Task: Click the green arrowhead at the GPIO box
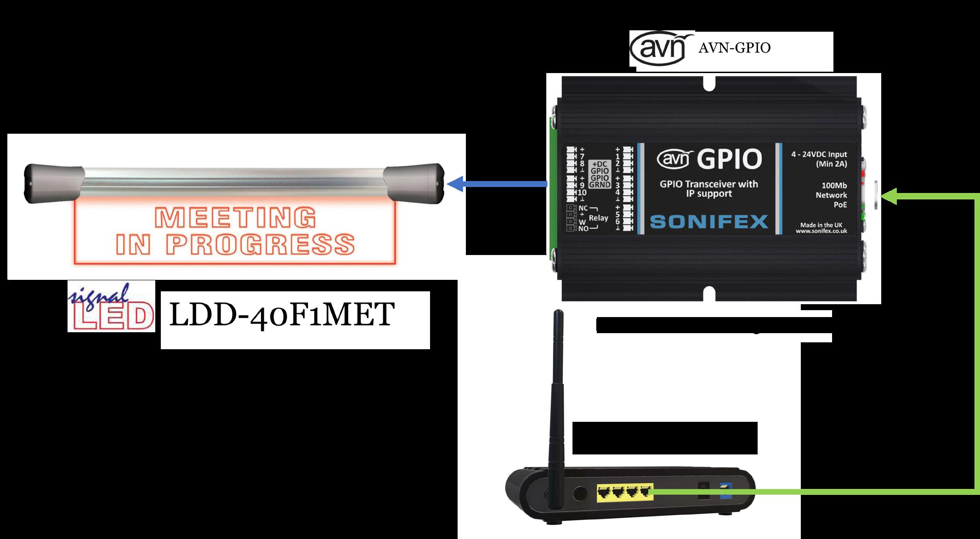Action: (889, 196)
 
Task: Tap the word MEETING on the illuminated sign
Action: (236, 217)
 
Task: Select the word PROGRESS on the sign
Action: (260, 244)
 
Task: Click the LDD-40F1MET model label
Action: (282, 315)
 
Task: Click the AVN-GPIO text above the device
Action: (734, 48)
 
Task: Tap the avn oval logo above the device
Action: (661, 48)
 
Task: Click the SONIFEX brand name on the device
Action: (709, 221)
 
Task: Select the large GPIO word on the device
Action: (729, 159)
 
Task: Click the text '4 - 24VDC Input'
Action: (819, 155)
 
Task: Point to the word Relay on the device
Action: (598, 218)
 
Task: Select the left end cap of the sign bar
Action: (54, 183)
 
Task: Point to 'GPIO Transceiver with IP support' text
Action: (708, 189)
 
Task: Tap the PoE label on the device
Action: (840, 205)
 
